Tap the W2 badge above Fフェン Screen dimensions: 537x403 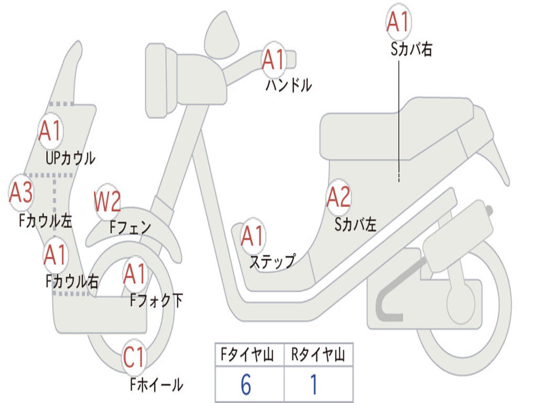tap(107, 202)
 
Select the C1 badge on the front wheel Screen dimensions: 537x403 tap(134, 357)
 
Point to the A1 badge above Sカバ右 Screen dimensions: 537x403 tap(399, 22)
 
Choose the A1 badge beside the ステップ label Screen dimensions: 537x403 tap(253, 236)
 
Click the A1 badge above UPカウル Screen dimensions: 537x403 tap(50, 131)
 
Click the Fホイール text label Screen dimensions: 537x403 tap(156, 385)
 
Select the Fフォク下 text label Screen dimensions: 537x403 tap(156, 301)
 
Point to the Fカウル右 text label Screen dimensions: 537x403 tap(72, 281)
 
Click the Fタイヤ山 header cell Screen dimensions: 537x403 tap(250, 354)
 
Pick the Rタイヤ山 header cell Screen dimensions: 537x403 tap(318, 354)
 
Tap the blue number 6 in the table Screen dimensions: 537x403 tap(246, 385)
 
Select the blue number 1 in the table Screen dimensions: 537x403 tap(314, 385)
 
